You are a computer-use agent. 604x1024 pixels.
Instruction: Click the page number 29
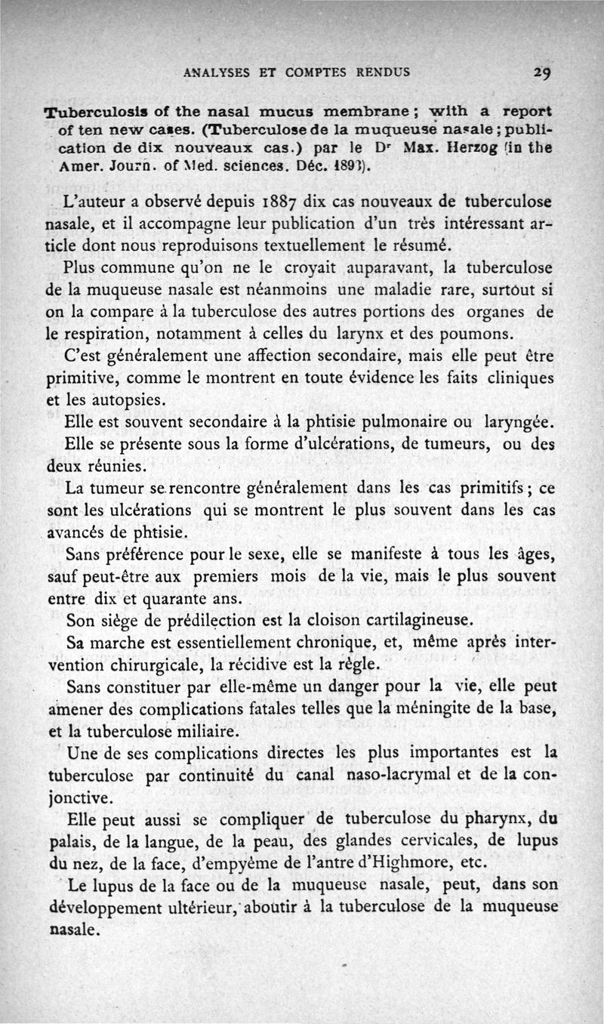(x=543, y=74)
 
